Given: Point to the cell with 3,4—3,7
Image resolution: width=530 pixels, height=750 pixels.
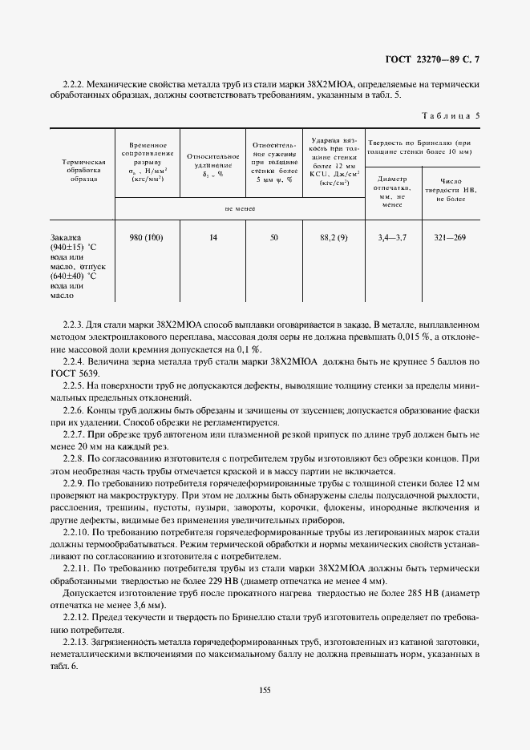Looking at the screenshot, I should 392,238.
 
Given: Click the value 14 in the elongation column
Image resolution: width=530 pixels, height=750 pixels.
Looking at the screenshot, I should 212,238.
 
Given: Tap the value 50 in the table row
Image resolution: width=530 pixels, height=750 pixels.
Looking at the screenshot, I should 274,238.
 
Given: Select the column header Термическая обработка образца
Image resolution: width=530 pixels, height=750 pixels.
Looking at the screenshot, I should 83,170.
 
